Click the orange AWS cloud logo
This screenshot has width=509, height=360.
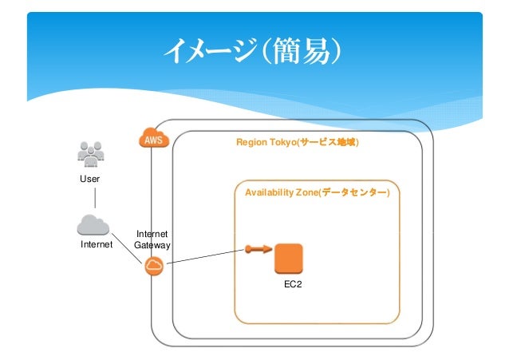154,138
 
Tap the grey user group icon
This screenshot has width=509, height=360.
91,154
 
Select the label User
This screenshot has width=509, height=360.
89,179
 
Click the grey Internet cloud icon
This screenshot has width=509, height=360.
93,225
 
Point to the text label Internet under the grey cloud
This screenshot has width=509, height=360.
97,244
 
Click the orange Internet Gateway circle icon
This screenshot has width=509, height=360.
154,266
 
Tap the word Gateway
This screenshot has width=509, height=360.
152,245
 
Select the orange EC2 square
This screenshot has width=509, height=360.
289,259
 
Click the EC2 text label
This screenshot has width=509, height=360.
293,284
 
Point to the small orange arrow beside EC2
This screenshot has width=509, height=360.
258,249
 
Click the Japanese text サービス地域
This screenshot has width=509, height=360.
328,142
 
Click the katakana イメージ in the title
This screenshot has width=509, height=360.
211,50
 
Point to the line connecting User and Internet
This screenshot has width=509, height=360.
95,198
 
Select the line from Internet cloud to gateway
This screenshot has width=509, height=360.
127,248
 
